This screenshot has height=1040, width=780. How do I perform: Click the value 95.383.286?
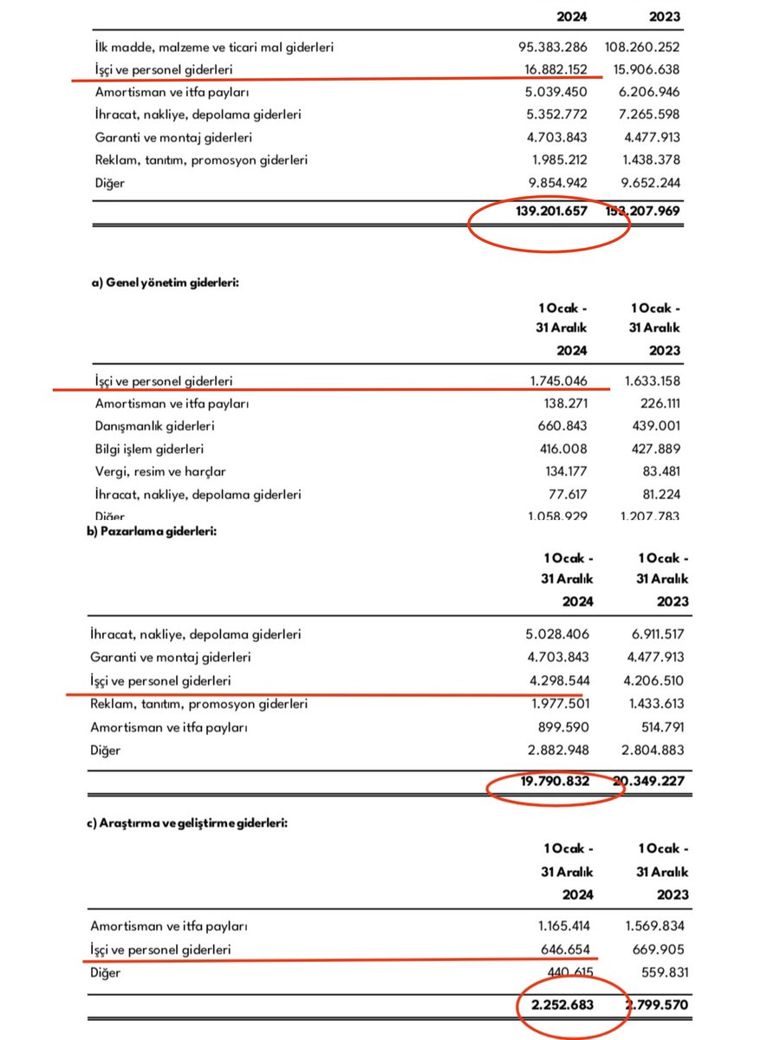(x=551, y=47)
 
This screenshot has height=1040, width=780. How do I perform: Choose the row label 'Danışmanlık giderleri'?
(x=153, y=426)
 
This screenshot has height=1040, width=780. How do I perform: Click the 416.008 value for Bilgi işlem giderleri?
(x=562, y=449)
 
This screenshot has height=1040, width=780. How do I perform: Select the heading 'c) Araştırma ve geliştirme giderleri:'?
(x=188, y=823)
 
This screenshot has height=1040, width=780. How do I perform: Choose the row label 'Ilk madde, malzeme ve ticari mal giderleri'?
(x=211, y=47)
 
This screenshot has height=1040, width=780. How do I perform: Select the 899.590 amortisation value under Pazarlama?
(x=562, y=726)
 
